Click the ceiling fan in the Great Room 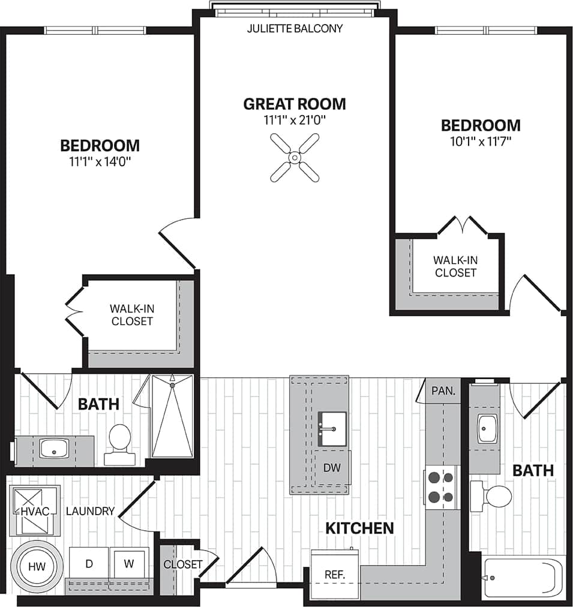click(295, 157)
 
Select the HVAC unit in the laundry click(34, 510)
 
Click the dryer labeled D click(89, 564)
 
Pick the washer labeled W click(130, 564)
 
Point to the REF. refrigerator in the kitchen click(334, 573)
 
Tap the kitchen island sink click(332, 428)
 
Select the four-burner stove click(440, 486)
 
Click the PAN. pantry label click(443, 390)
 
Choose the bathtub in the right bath click(523, 578)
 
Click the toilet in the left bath click(119, 444)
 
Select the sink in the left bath click(54, 447)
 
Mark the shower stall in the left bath click(172, 416)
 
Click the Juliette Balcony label click(295, 28)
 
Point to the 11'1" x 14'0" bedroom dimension click(100, 161)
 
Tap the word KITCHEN click(359, 528)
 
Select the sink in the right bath click(488, 428)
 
